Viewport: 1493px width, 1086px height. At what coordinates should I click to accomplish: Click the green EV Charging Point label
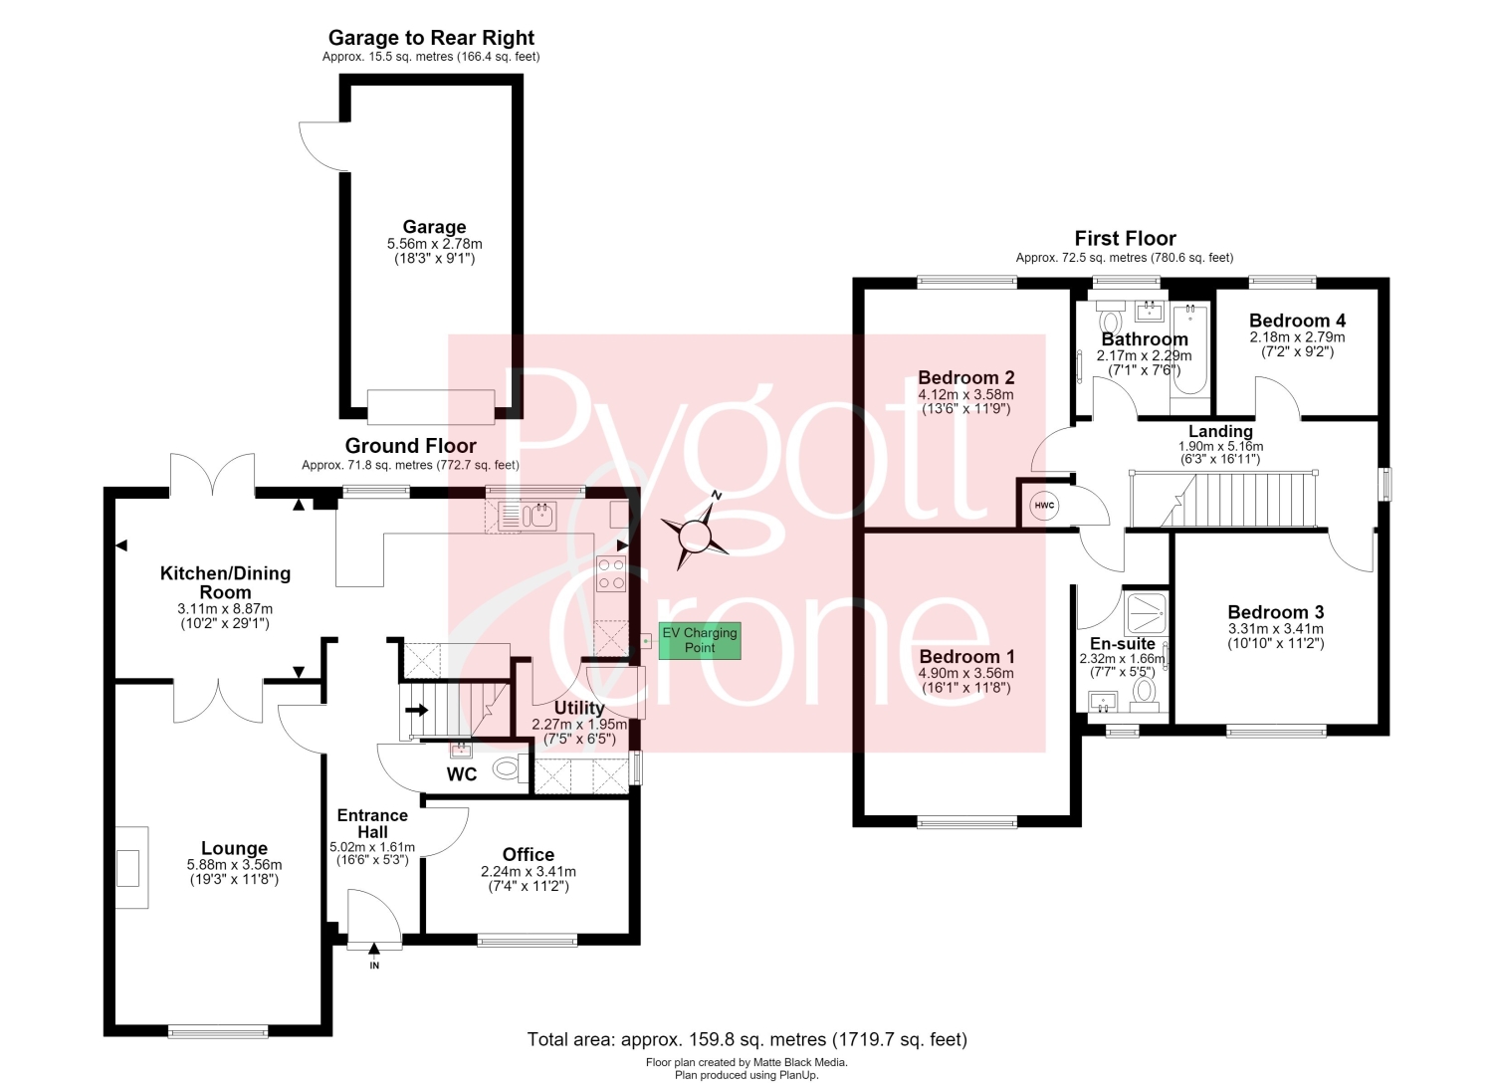(699, 641)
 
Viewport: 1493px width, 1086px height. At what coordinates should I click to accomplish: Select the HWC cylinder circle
(1044, 506)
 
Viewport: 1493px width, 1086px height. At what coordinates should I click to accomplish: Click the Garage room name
(434, 227)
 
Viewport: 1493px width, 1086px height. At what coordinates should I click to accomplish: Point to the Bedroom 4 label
(1297, 321)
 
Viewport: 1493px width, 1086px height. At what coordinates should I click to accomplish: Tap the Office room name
(528, 855)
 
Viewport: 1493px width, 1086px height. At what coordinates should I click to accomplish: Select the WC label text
(462, 774)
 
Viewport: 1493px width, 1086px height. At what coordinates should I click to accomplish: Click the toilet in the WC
(510, 768)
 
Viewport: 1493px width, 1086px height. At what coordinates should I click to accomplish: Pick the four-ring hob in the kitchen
(611, 573)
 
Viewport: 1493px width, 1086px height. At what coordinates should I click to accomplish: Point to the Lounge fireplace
(131, 867)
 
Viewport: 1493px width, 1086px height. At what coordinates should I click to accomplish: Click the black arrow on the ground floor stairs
(417, 710)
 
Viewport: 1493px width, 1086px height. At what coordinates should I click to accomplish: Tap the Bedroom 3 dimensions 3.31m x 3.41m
(1276, 629)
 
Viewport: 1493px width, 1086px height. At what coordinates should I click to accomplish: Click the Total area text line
(746, 1039)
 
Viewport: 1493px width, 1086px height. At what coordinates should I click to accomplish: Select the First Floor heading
(1125, 238)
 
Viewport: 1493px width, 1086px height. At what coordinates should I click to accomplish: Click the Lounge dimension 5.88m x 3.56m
(234, 865)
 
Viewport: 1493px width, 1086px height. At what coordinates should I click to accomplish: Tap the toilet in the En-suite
(1145, 693)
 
